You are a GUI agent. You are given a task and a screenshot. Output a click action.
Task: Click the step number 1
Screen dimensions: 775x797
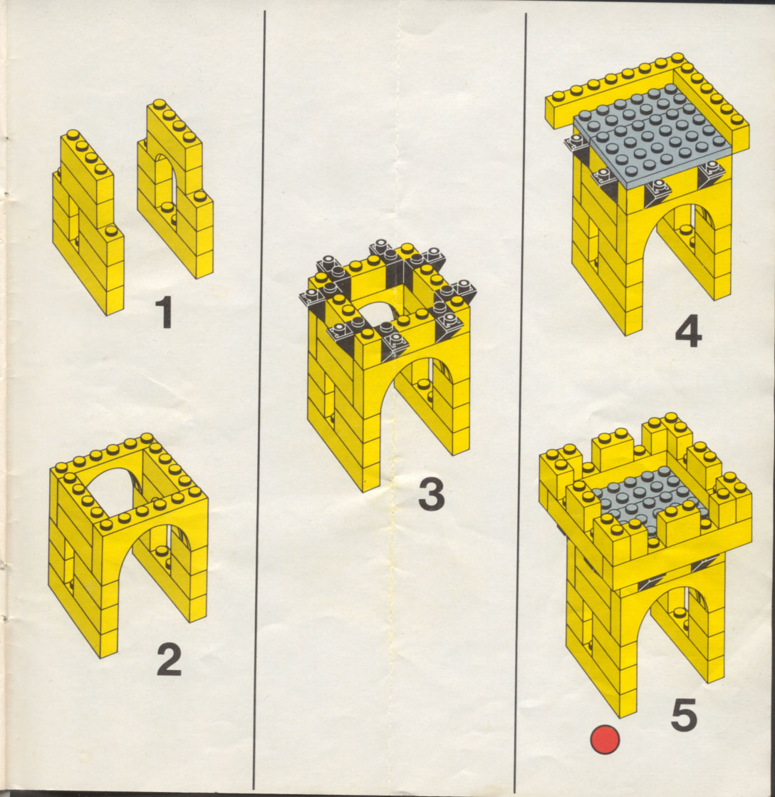pos(165,313)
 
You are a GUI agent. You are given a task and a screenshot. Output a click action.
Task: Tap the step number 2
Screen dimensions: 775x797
pos(169,659)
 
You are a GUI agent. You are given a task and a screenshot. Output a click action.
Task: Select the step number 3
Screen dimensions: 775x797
pos(431,494)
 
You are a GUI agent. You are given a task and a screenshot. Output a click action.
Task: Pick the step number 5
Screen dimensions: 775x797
pos(684,714)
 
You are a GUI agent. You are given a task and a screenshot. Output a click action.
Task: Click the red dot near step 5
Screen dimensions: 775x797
pos(605,739)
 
